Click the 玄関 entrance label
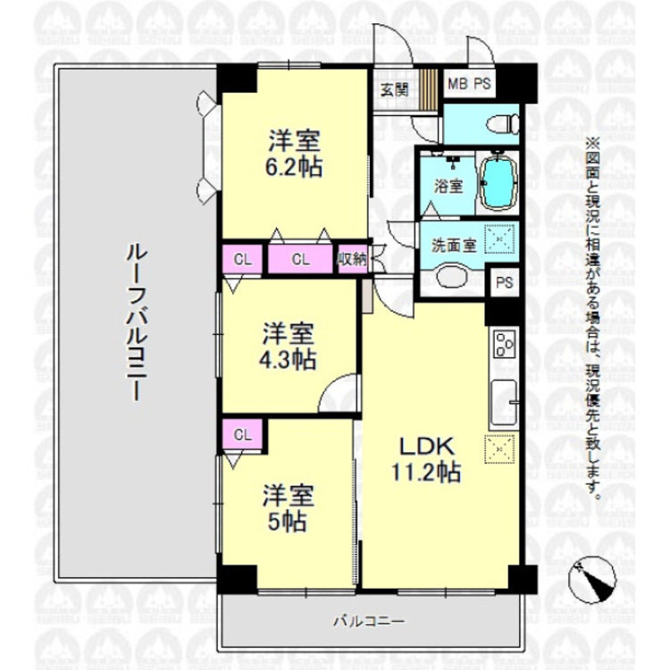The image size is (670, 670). [x=394, y=88]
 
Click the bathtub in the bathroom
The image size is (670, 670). [x=501, y=182]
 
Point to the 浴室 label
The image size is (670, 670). [x=448, y=187]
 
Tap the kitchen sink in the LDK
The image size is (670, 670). [x=504, y=402]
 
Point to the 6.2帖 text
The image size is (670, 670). [x=294, y=167]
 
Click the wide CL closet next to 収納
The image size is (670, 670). [x=300, y=260]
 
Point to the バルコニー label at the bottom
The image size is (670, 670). [x=370, y=621]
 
